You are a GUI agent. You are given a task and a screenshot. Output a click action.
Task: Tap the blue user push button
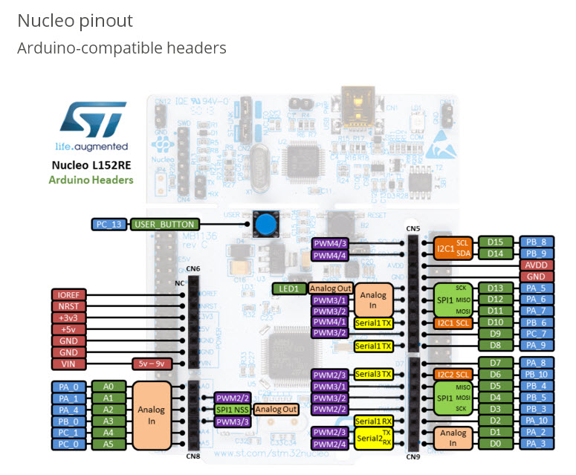[x=264, y=224]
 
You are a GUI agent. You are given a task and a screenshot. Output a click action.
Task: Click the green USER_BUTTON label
[x=164, y=224]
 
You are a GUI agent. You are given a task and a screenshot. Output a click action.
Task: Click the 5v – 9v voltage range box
[x=152, y=363]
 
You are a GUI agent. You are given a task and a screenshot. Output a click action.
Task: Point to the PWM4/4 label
[x=329, y=255]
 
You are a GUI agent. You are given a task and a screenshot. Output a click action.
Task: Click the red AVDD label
[x=537, y=265]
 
